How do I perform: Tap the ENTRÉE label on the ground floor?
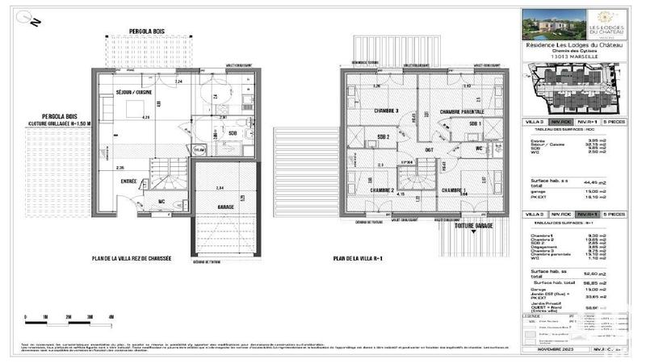click(128, 182)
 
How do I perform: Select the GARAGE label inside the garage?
click(216, 207)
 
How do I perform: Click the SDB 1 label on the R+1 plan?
click(476, 123)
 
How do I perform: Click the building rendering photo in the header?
click(547, 25)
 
